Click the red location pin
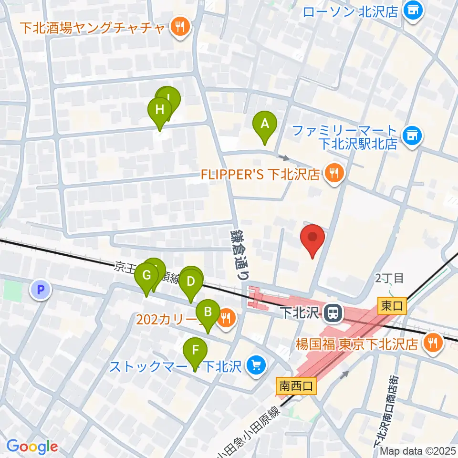point(312,239)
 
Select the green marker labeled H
point(160,111)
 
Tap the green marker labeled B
point(208,312)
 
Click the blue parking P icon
point(41,289)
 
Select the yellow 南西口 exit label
point(296,385)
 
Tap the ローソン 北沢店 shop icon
point(412,10)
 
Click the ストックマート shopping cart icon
point(256,366)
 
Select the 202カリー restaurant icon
point(226,317)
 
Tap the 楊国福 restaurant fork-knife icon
point(433,343)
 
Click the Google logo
point(32,447)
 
